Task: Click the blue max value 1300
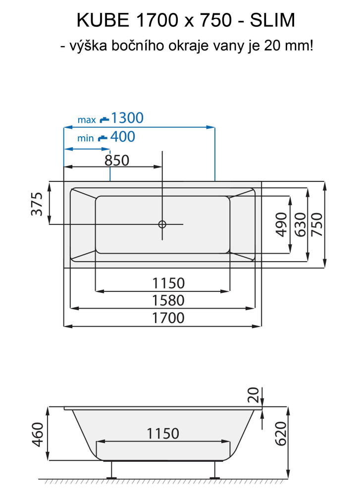pyautogui.click(x=127, y=118)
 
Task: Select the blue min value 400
pyautogui.click(x=122, y=136)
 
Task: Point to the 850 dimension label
pyautogui.click(x=117, y=160)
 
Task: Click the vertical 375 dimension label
pyautogui.click(x=37, y=204)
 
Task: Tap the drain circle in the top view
pyautogui.click(x=162, y=224)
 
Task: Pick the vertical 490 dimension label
pyautogui.click(x=281, y=224)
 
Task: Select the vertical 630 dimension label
pyautogui.click(x=299, y=224)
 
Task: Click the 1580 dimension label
pyautogui.click(x=168, y=300)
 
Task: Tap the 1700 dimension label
pyautogui.click(x=168, y=318)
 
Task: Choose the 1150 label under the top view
pyautogui.click(x=168, y=283)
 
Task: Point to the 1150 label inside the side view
pyautogui.click(x=163, y=433)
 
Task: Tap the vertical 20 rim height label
pyautogui.click(x=253, y=395)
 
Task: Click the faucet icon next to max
pyautogui.click(x=103, y=119)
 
